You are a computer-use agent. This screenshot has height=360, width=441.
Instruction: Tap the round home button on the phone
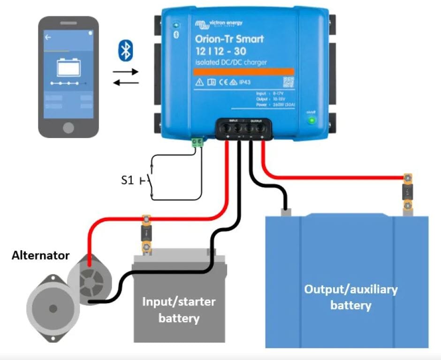coord(69,128)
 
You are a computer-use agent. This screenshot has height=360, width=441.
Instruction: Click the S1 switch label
coord(127,180)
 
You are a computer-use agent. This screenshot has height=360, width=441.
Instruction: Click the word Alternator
coord(40,256)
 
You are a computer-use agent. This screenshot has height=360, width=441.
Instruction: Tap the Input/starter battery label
coord(179,310)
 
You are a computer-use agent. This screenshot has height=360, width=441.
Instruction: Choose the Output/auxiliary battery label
coord(350,297)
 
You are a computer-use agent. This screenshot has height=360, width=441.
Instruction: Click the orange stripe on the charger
coord(244,71)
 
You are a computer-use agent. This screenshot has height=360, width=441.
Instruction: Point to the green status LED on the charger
coord(311,120)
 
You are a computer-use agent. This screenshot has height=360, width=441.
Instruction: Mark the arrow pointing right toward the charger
coord(126,72)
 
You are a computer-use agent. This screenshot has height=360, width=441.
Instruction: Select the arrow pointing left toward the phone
coord(126,83)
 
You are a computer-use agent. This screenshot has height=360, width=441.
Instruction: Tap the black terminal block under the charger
coord(243,128)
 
